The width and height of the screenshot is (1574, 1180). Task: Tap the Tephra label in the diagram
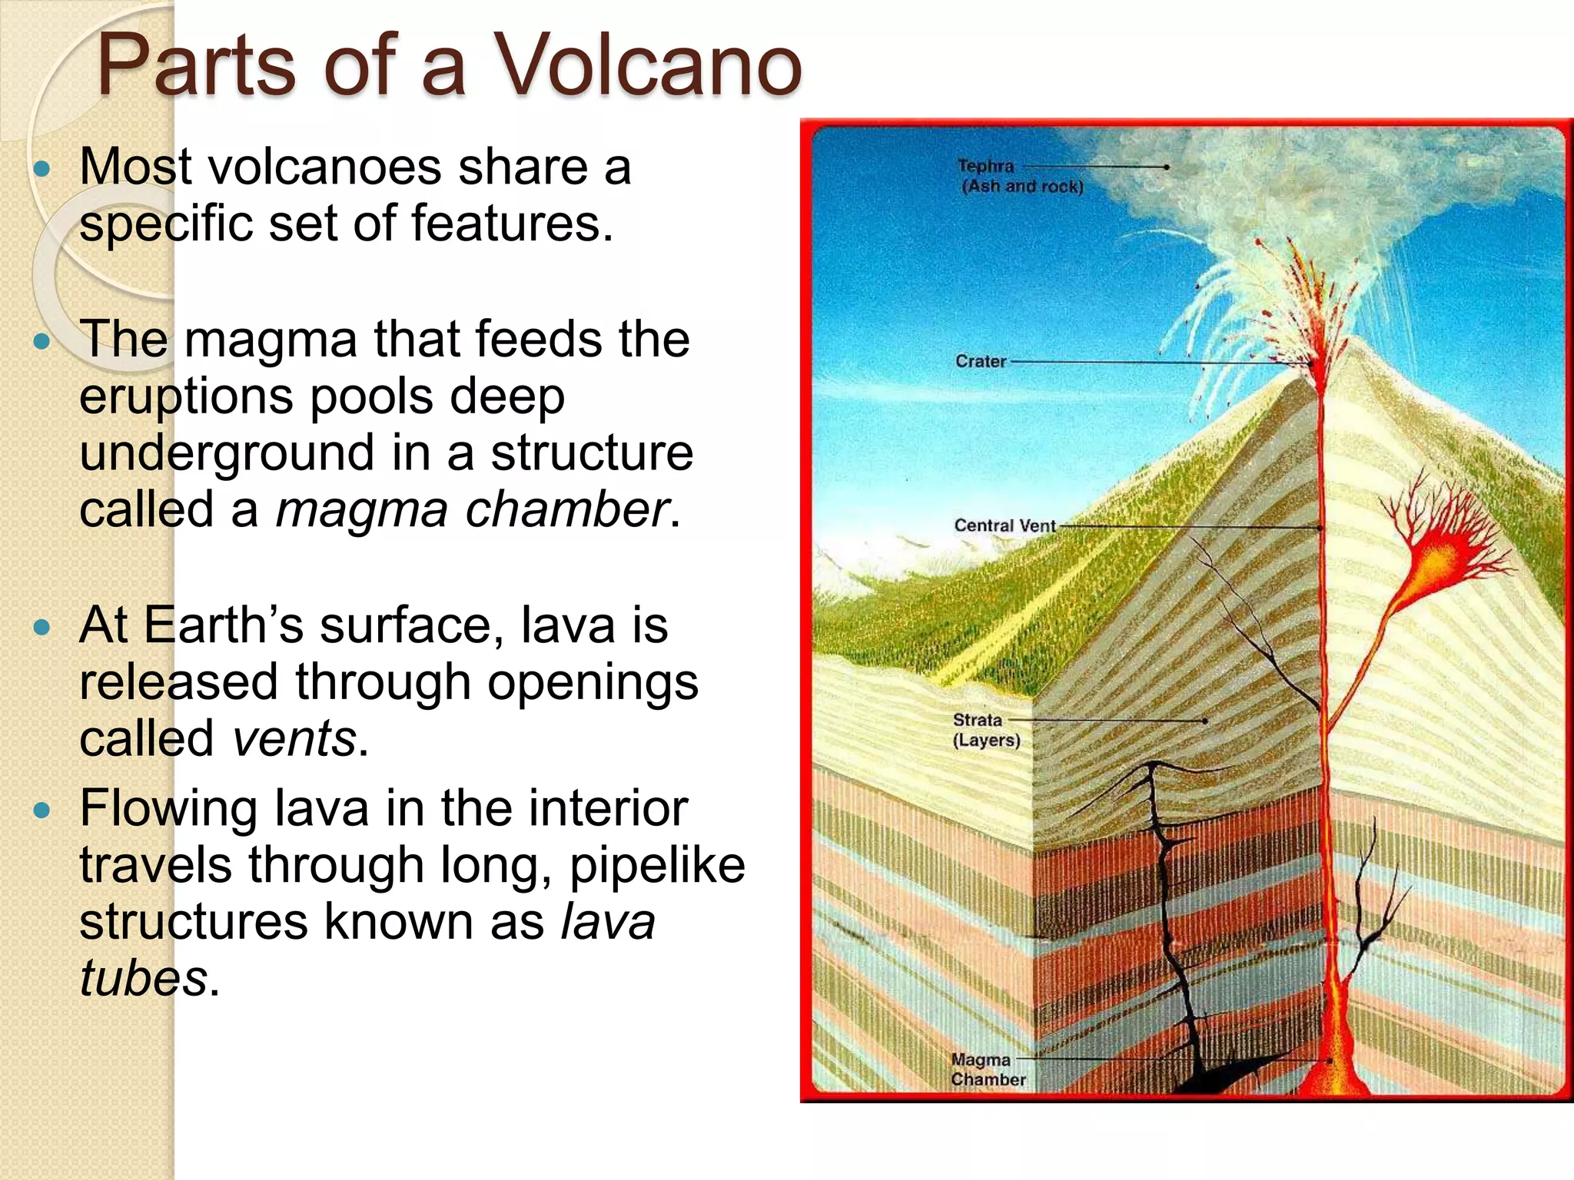point(986,166)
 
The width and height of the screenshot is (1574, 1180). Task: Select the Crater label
point(981,361)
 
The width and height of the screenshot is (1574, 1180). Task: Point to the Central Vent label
point(1005,525)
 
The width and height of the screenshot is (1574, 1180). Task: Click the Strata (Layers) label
point(986,730)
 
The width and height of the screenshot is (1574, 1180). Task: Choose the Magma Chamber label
point(988,1069)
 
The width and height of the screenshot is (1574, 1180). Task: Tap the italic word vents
point(294,738)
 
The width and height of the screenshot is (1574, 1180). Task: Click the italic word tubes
point(143,978)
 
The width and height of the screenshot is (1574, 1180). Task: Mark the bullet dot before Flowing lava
point(43,810)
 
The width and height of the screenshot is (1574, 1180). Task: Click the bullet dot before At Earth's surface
point(43,627)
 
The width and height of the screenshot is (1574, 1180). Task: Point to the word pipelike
point(657,866)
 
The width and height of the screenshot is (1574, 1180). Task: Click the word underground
point(227,452)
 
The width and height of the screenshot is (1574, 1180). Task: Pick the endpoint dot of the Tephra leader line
point(1167,167)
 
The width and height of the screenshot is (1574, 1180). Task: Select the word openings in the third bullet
point(593,682)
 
